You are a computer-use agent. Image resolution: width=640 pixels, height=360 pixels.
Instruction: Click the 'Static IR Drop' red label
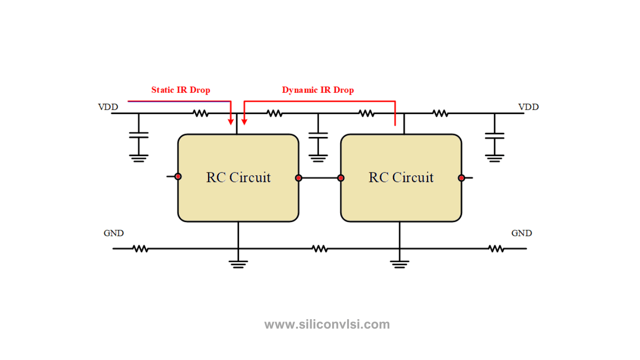pos(180,90)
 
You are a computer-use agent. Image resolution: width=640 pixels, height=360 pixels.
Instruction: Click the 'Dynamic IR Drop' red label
pos(318,90)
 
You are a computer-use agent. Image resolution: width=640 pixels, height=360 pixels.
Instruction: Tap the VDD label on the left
pos(108,107)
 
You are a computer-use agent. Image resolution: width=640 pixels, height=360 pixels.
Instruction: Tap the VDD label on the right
pos(528,107)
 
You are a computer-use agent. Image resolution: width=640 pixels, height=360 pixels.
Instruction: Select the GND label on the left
pos(113,233)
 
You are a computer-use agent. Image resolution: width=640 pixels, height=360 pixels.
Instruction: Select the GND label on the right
pos(521,233)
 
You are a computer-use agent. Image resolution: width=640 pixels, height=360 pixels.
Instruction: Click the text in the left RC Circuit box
pos(238,178)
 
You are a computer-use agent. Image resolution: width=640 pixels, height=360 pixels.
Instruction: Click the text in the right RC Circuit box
pos(401,178)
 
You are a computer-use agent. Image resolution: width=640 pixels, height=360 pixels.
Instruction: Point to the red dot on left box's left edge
pos(178,177)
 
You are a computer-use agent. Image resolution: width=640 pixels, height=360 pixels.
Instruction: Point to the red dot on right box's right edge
pos(461,178)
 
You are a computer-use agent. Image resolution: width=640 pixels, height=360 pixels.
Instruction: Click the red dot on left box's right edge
pos(298,178)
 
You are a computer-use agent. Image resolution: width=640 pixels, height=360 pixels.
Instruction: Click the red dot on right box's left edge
pos(341,178)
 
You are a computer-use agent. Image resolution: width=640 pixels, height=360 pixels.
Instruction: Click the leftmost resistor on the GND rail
pos(140,248)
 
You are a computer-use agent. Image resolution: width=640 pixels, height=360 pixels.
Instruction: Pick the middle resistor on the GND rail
pos(320,248)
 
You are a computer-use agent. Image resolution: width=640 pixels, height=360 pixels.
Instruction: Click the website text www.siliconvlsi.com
pos(327,324)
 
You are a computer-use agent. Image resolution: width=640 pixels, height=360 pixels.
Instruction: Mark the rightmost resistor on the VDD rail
pos(440,113)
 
